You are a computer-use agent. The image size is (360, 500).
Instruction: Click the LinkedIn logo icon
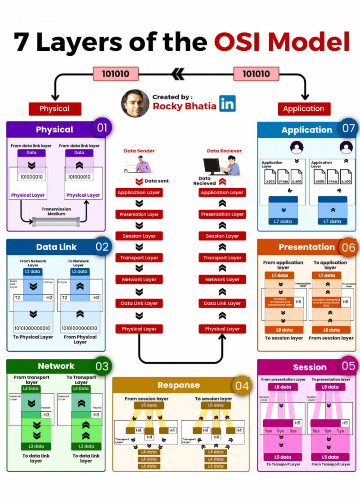pos(228,103)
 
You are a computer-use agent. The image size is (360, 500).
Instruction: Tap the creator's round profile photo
pos(135,103)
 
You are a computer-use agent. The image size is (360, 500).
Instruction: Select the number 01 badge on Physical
pos(102,128)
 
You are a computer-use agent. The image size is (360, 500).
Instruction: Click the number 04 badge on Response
pos(242,386)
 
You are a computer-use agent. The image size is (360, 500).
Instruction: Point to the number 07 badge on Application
pos(348,128)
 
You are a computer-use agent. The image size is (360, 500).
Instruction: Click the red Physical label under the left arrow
pos(55,108)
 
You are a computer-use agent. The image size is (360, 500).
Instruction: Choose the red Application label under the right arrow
pos(304,108)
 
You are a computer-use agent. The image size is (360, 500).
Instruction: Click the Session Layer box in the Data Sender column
pos(139,236)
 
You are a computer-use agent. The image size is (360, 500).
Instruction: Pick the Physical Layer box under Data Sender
pos(139,329)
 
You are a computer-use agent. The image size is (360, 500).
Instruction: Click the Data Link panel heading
pos(56,247)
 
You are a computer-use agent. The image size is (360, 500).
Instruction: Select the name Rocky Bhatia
pos(184,106)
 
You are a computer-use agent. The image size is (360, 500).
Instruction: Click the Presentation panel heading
pos(306,247)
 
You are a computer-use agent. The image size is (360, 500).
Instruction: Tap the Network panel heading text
pos(56,366)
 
